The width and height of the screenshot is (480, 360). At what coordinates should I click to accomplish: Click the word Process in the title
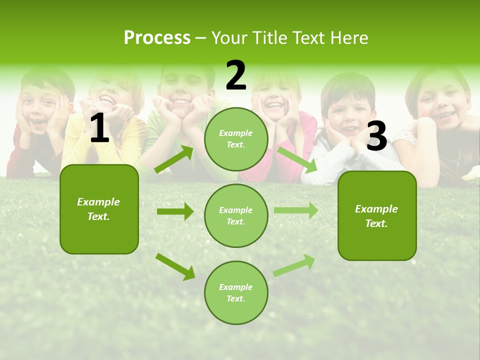tap(157, 38)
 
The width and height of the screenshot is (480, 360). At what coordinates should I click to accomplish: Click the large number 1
tap(99, 128)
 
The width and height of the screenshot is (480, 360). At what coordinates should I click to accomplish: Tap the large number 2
tap(236, 75)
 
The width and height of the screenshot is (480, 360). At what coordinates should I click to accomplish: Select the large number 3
tap(377, 136)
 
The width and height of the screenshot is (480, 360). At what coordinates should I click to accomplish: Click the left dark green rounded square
tap(99, 209)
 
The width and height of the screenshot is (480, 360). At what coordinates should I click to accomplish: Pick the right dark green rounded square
tap(377, 215)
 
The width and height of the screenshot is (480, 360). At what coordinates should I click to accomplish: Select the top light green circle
tap(236, 139)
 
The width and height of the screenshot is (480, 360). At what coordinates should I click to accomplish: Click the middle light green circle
tap(236, 215)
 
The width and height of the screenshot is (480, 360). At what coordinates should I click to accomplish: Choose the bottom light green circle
tap(236, 292)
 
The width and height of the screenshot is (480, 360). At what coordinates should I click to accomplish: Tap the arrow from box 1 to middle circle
tap(175, 211)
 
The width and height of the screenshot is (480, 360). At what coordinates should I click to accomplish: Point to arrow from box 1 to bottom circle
tap(175, 266)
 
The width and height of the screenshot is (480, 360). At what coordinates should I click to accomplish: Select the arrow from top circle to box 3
tap(297, 159)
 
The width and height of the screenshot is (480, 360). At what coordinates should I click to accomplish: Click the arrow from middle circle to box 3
tap(296, 210)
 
